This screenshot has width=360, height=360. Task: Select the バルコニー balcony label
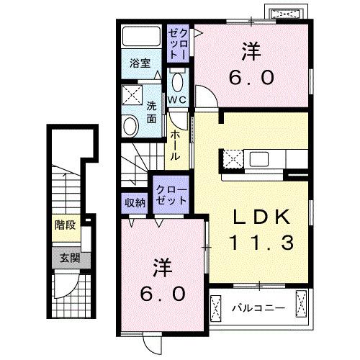[257, 308]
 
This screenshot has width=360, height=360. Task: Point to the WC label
[178, 99]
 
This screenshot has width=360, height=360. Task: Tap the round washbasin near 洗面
[130, 127]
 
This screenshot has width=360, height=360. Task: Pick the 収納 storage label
[135, 202]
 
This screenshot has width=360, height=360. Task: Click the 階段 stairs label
[65, 225]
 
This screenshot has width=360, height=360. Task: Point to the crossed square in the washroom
[130, 94]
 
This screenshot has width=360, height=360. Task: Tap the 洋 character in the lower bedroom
[163, 268]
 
